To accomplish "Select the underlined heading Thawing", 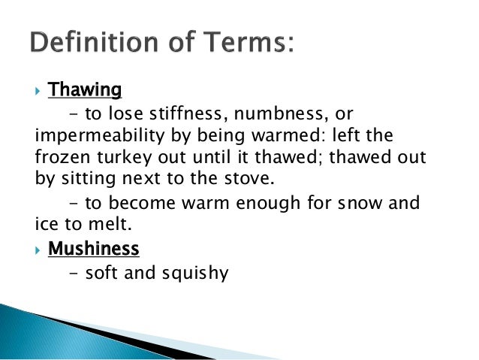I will pyautogui.click(x=84, y=91).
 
